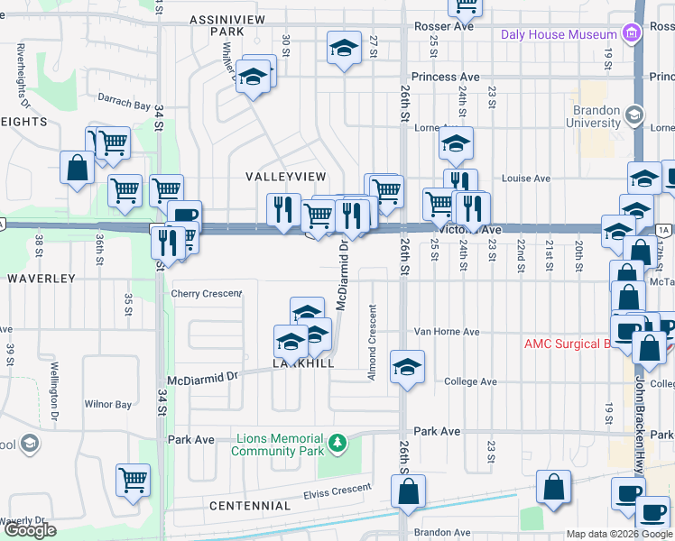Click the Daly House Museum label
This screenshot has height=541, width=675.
coord(559,34)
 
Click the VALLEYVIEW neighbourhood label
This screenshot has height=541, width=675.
coord(285,177)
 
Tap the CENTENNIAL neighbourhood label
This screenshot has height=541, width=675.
coord(249,507)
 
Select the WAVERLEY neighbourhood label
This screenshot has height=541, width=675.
coord(41,279)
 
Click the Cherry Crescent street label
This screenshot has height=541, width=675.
coord(207,294)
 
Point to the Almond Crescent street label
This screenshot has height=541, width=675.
coord(372,342)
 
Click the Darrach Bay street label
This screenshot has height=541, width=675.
coord(125,105)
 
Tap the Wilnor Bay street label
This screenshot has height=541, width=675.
coord(108,405)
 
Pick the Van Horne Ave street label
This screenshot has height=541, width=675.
coord(447,332)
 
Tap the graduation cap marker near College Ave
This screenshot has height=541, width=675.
coord(408,367)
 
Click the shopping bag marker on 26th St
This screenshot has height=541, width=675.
coord(408,491)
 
